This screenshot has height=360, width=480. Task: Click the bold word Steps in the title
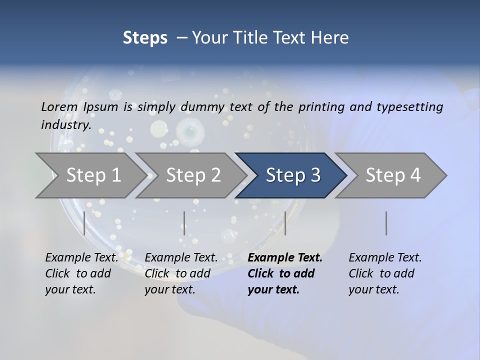click(x=145, y=38)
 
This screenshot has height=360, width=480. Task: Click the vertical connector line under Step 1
click(x=84, y=223)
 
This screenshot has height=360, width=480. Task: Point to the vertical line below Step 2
click(x=184, y=223)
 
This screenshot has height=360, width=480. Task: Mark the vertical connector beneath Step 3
click(x=285, y=223)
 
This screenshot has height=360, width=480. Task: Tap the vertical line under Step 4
click(x=386, y=223)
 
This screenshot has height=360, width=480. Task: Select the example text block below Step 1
click(x=81, y=273)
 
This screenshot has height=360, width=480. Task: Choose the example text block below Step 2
click(x=181, y=273)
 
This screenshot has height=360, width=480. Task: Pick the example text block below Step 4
click(x=385, y=273)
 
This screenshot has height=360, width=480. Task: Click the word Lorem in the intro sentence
click(x=59, y=106)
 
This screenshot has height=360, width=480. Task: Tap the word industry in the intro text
click(x=65, y=124)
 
